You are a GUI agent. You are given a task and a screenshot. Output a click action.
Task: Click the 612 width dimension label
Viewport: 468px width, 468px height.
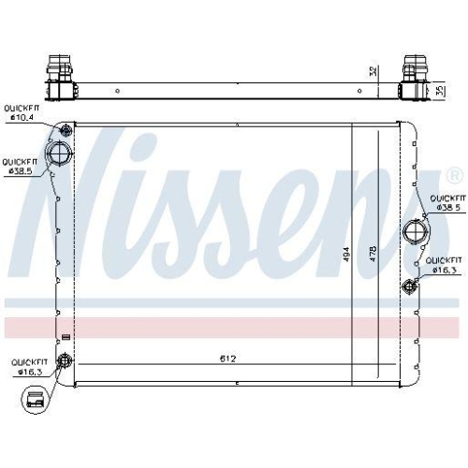pos(227,358)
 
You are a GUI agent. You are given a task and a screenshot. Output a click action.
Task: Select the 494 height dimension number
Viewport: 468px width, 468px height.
pos(346,253)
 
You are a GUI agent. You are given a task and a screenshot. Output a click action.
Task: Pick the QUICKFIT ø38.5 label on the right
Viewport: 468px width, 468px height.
pos(446,203)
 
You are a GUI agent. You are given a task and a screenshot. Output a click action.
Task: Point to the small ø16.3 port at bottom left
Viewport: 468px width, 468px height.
pos(65,361)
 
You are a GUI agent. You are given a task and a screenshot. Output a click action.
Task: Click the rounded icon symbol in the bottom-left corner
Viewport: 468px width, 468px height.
pos(37,401)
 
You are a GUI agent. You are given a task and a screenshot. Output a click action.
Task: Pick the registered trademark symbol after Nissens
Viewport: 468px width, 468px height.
pos(454,175)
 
